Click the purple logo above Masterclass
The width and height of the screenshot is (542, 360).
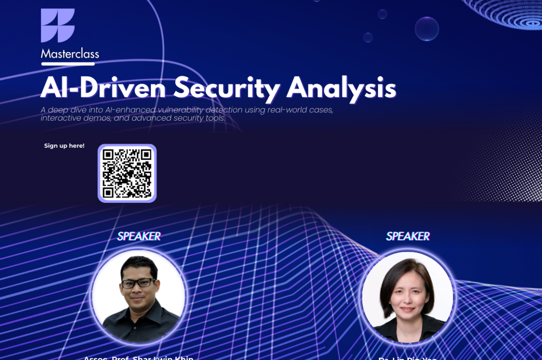coord(57,26)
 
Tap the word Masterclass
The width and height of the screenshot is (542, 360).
coord(70,53)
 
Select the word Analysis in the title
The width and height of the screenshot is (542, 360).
coord(341,87)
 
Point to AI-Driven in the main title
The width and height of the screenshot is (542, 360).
coord(103,87)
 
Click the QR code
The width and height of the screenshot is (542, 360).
coord(127,173)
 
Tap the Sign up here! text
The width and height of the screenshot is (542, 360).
coord(64,146)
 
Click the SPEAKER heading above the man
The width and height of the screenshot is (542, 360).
coord(139,237)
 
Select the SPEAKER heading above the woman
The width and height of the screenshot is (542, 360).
coord(407,237)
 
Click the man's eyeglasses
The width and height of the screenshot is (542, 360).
coord(138,283)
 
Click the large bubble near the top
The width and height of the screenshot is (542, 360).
coord(427,29)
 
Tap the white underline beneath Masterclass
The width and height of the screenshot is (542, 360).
coord(68,64)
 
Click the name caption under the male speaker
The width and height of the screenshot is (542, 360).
coord(138,357)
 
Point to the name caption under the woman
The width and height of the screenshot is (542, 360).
coord(407,358)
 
